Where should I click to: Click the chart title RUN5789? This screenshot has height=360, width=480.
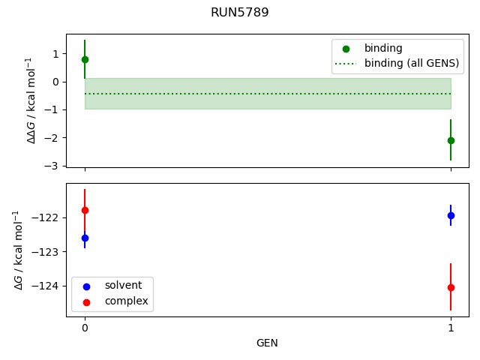point(239,13)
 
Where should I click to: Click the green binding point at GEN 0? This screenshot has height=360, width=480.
point(85,59)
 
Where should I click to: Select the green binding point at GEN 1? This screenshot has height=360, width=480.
point(451,140)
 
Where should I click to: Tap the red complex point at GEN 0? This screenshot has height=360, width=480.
point(85,210)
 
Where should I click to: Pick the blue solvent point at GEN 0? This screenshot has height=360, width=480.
point(85,238)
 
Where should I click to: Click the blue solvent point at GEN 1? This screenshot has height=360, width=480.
point(451,215)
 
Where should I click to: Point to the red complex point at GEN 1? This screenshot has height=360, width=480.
point(451,287)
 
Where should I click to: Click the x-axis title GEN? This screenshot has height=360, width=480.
point(267,343)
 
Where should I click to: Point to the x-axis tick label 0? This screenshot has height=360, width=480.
point(85,328)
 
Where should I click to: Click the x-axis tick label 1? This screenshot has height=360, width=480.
point(451,328)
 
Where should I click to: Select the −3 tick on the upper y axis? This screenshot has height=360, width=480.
point(54,166)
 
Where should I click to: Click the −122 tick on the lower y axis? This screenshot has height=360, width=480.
point(49,217)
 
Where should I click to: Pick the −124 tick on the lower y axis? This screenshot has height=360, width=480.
point(49,286)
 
